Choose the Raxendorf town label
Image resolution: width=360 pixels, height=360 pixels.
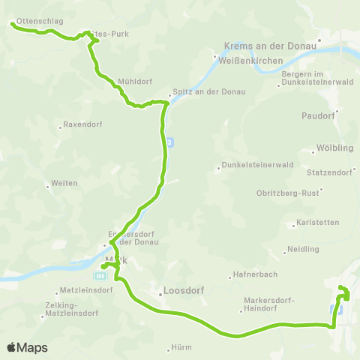(x=80, y=124)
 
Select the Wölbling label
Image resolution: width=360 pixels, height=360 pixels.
(x=330, y=147)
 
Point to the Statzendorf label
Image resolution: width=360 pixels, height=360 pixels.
(x=331, y=172)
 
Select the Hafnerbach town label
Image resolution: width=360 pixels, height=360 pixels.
(x=250, y=274)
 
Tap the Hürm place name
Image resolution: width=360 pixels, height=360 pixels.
(x=181, y=347)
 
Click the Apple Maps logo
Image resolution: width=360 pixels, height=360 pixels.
(x=27, y=347)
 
